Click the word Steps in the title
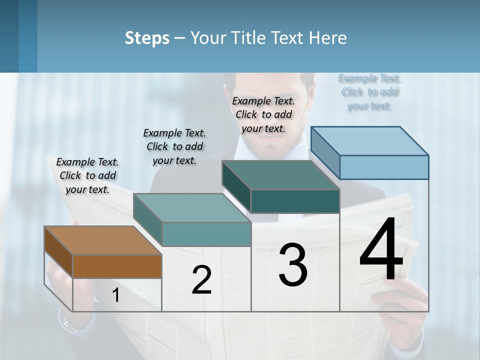147,38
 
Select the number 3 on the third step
292,265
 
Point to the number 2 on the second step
201,280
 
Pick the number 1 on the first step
115,295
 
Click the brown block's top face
103,240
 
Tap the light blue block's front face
384,167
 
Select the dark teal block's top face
280,175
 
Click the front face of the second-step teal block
206,234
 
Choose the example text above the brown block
87,175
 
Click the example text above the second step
174,146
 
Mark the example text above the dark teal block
263,114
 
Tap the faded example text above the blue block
369,91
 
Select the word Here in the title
327,38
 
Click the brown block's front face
117,266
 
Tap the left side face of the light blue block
325,152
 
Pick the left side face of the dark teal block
236,186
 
